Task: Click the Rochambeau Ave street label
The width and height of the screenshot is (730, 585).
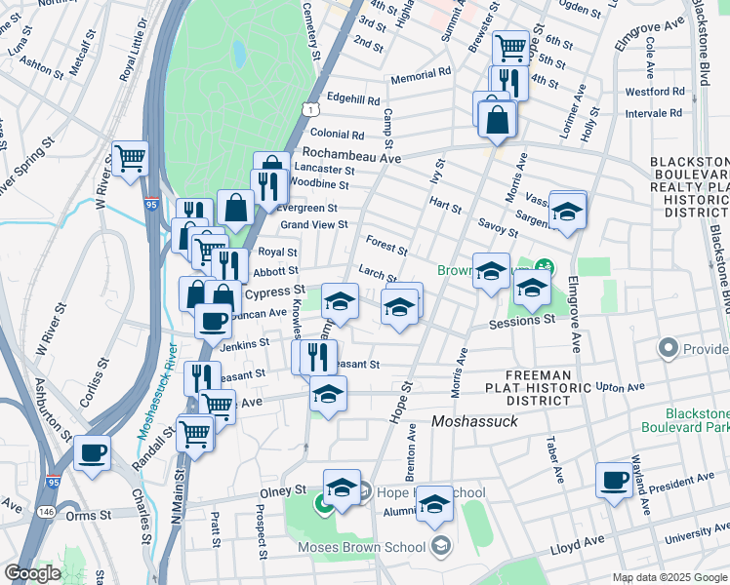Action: [351, 156]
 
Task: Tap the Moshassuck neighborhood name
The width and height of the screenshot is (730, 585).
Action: [473, 422]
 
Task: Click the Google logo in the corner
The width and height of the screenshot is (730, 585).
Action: [32, 573]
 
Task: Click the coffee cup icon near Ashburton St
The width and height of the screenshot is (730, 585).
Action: [92, 452]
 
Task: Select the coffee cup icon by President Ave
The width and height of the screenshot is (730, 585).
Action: [613, 480]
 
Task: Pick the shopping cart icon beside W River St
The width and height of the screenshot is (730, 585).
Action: [129, 156]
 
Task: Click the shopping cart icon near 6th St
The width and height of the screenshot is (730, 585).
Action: [510, 46]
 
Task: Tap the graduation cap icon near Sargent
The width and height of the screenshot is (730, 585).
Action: [566, 210]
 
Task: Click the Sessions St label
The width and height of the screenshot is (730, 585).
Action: [521, 320]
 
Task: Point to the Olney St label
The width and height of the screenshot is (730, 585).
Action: [281, 493]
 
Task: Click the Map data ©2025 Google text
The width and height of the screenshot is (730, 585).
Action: [669, 577]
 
